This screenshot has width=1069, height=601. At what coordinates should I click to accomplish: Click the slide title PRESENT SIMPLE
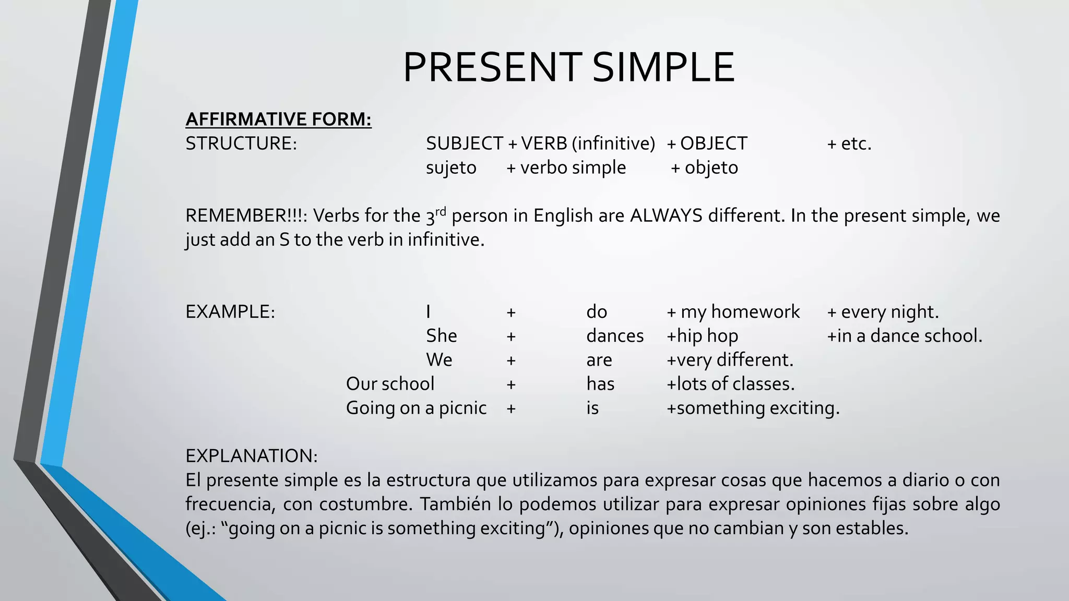click(568, 67)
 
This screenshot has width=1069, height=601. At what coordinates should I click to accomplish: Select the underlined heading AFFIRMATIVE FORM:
click(278, 119)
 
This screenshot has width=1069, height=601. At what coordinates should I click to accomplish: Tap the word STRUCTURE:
click(241, 143)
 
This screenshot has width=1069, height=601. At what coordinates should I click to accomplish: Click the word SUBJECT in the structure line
click(464, 143)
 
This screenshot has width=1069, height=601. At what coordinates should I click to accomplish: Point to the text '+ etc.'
click(849, 143)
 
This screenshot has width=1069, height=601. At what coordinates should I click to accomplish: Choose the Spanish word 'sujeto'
click(451, 168)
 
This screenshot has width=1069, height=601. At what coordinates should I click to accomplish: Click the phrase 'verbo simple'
click(573, 168)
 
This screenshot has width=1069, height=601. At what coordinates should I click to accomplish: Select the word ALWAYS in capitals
click(666, 215)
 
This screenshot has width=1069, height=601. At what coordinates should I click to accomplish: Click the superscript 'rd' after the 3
click(441, 211)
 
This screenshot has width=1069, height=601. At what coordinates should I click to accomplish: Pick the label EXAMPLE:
click(230, 312)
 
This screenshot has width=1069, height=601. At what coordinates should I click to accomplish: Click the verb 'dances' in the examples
click(615, 336)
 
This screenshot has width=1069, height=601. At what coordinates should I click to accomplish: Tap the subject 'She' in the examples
click(441, 336)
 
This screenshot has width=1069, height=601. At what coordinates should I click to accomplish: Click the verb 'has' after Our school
click(600, 384)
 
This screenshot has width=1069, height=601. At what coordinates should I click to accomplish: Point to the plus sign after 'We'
click(511, 360)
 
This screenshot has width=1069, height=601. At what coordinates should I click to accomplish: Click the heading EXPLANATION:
click(252, 456)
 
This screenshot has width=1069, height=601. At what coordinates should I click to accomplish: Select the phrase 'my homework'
click(740, 312)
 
